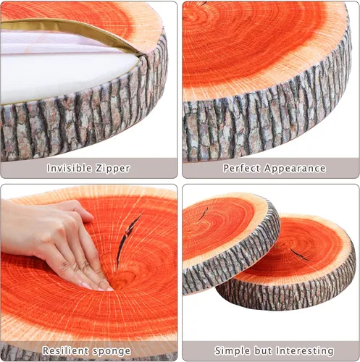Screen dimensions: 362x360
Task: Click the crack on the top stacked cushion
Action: click(205, 212)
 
